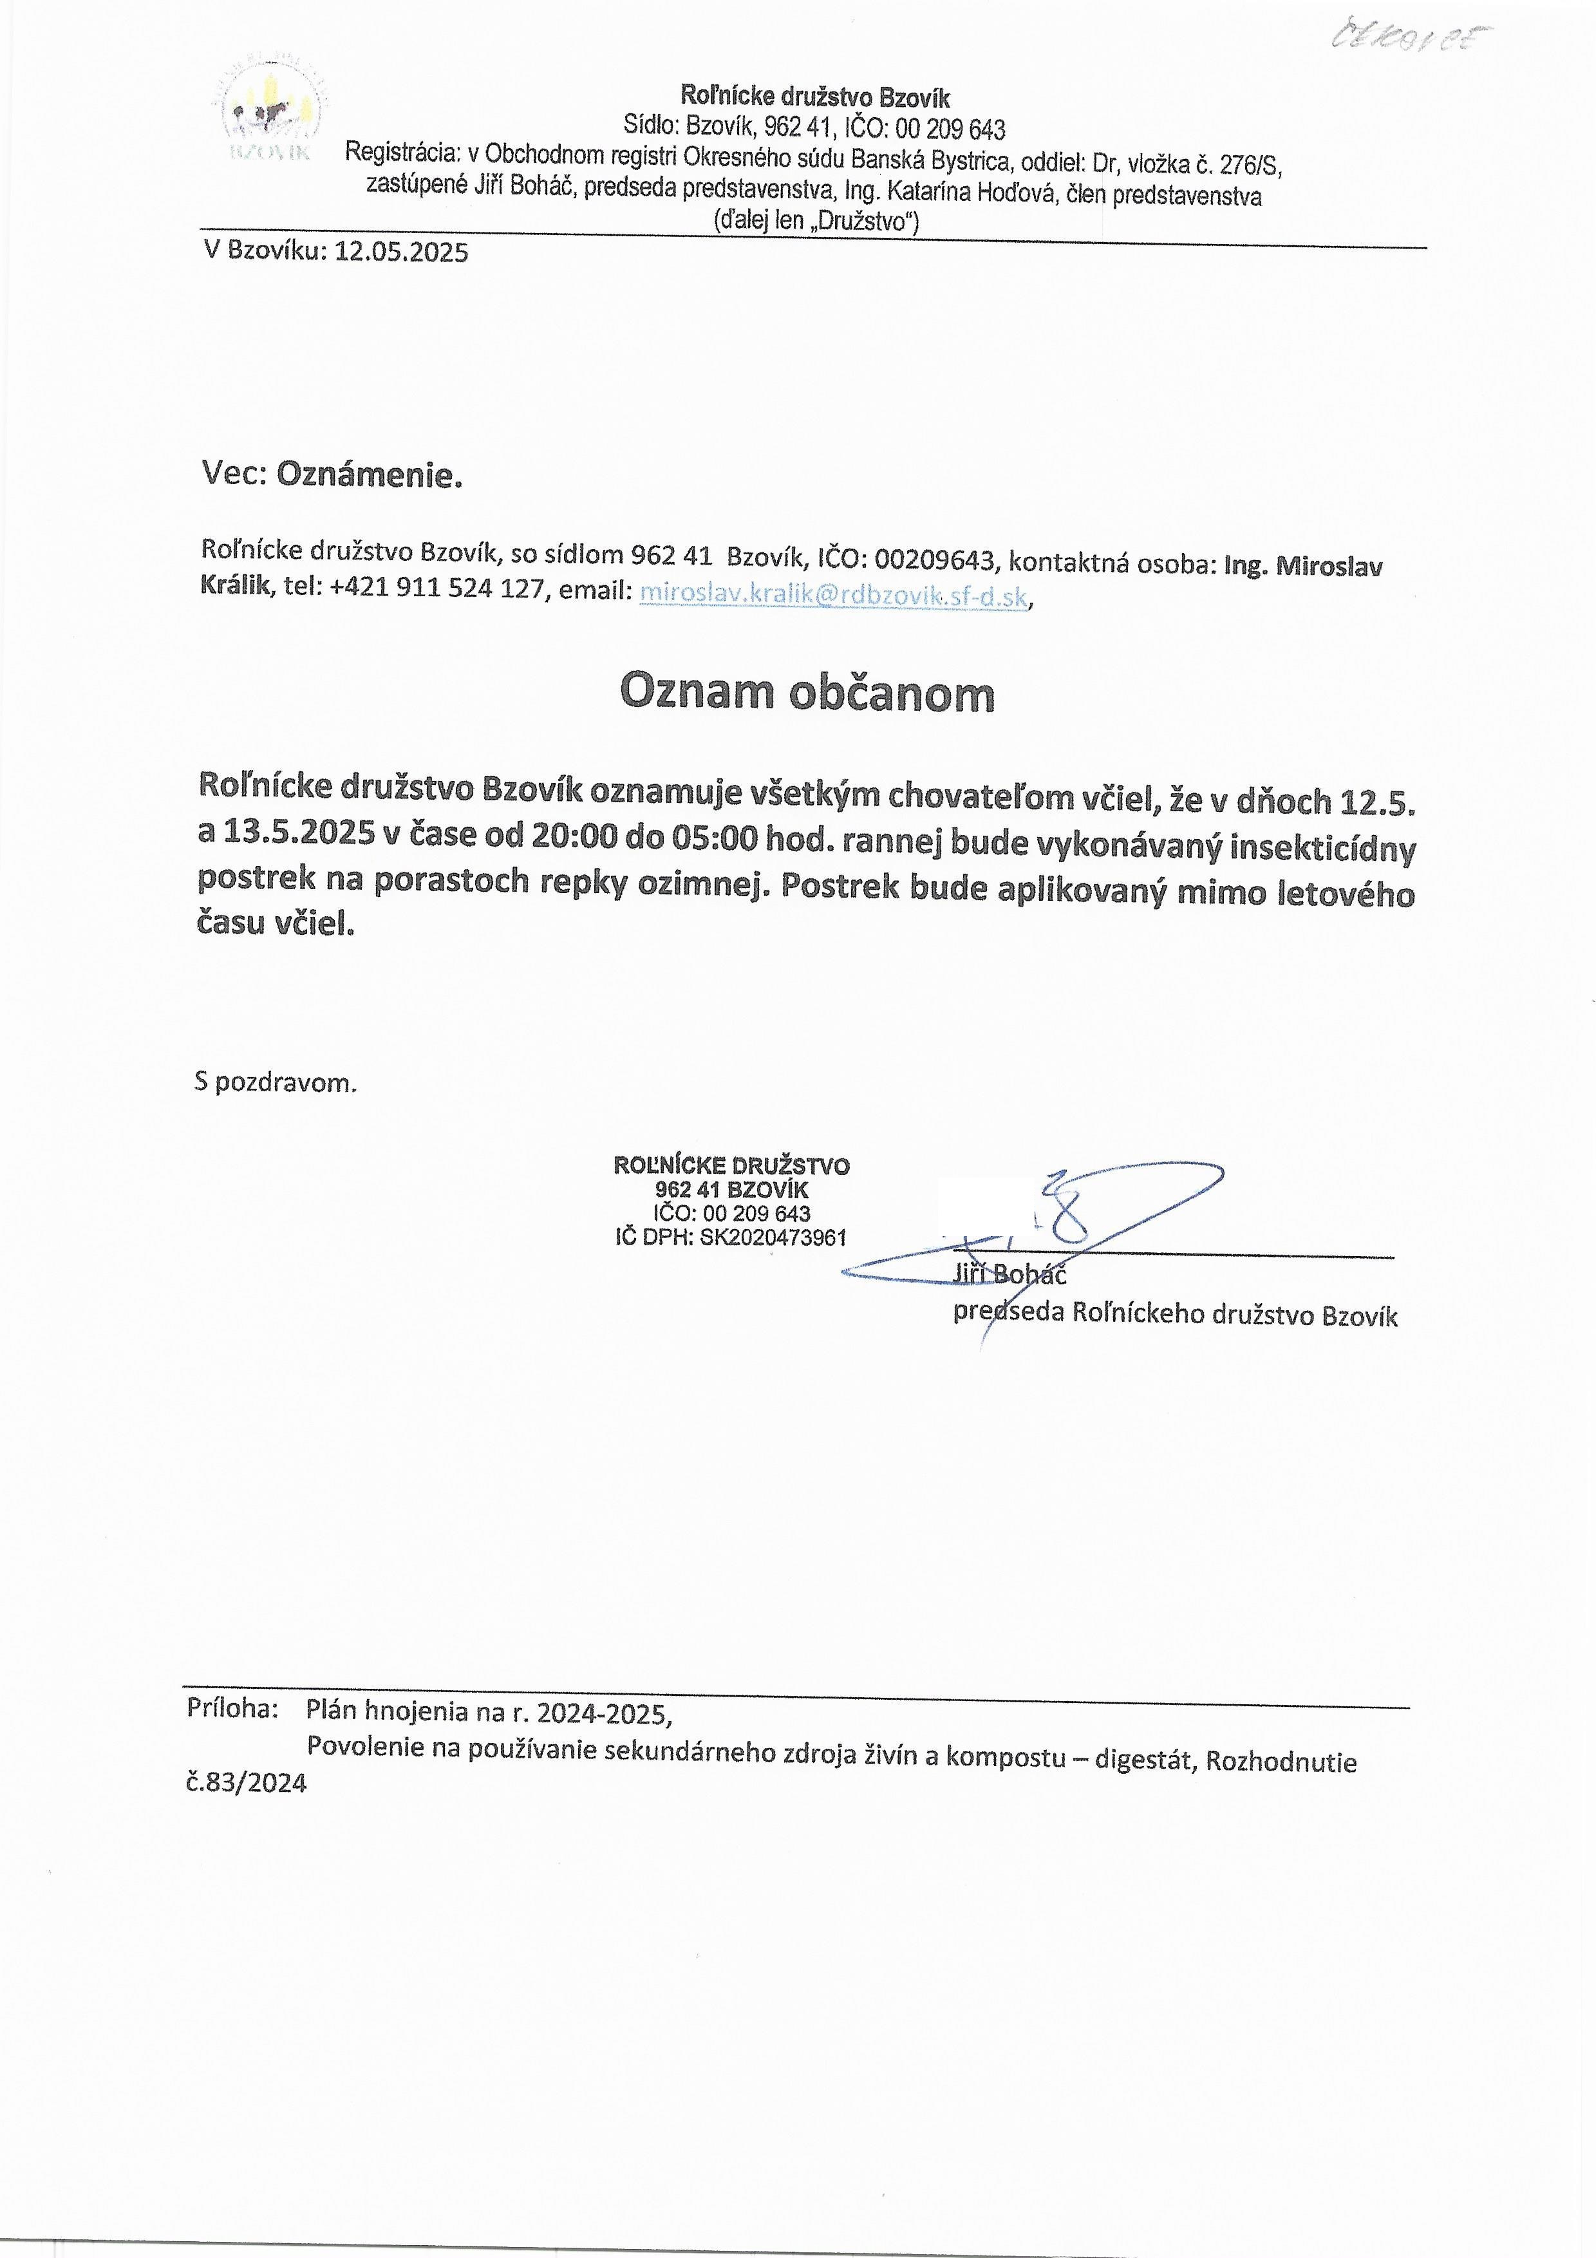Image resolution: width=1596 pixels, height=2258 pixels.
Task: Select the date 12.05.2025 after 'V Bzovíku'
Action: [x=401, y=253]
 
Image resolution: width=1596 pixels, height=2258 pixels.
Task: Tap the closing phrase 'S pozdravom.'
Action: [x=276, y=1084]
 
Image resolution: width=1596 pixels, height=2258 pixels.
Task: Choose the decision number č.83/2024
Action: [x=247, y=1783]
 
